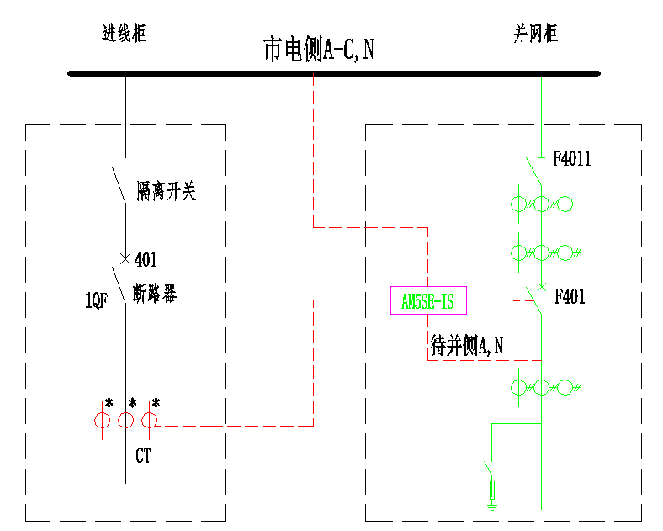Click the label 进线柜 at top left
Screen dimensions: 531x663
pyautogui.click(x=124, y=35)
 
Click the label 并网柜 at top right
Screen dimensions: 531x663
pyautogui.click(x=536, y=35)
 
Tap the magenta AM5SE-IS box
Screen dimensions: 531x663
pyautogui.click(x=428, y=300)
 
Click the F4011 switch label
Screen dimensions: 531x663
pyautogui.click(x=571, y=158)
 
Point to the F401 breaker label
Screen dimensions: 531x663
pyautogui.click(x=570, y=297)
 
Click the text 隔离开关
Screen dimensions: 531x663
pyautogui.click(x=166, y=193)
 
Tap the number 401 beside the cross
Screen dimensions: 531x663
pyautogui.click(x=146, y=259)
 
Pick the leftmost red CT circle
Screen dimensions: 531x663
pyautogui.click(x=102, y=421)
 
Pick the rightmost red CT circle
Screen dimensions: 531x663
pyautogui.click(x=150, y=421)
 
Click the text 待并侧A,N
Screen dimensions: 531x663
pyautogui.click(x=467, y=344)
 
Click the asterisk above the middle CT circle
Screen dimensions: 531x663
pyautogui.click(x=132, y=403)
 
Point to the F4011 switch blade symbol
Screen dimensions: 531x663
pyautogui.click(x=532, y=173)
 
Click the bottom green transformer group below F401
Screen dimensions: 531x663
pyautogui.click(x=544, y=387)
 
